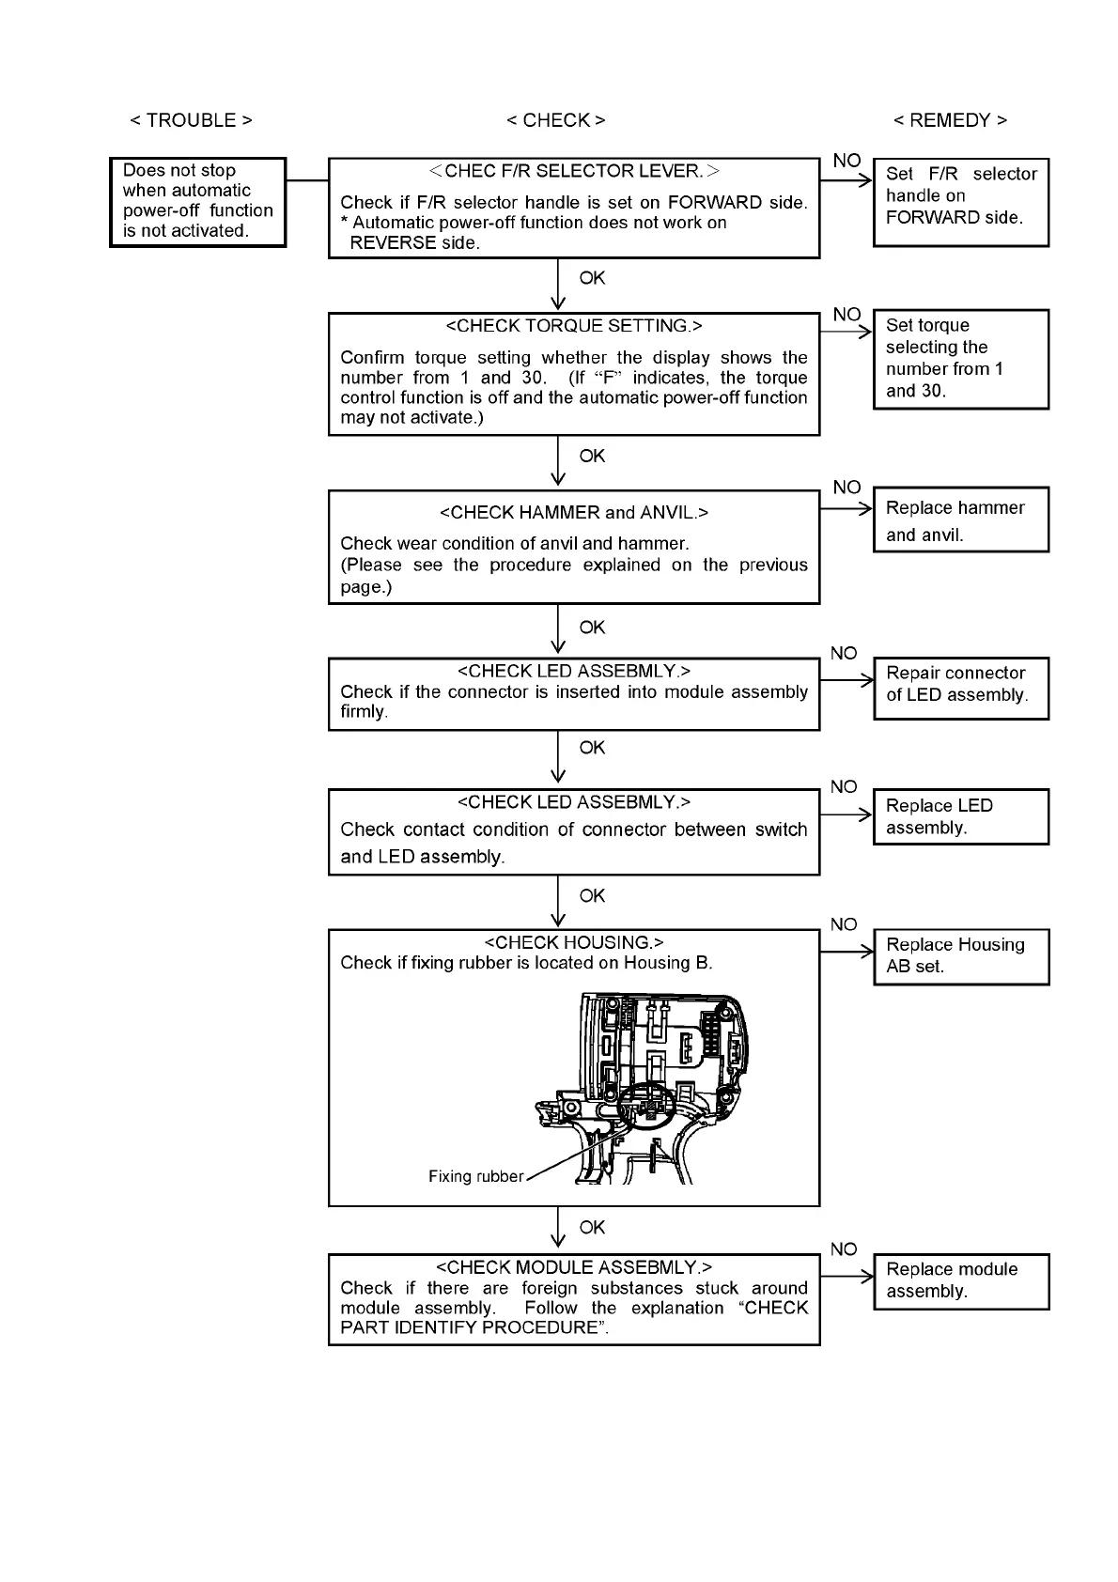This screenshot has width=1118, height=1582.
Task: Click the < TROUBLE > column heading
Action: [191, 120]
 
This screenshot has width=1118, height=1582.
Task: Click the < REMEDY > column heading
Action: [950, 120]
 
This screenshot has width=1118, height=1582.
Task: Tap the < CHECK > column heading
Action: [555, 120]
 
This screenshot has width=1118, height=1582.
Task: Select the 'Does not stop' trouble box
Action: [197, 201]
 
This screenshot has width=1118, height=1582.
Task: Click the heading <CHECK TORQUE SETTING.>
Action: [573, 326]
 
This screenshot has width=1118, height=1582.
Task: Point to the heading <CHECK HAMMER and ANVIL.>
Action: [573, 512]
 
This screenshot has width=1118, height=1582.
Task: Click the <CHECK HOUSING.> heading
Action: [573, 942]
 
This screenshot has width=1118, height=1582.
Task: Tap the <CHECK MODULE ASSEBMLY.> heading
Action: [573, 1267]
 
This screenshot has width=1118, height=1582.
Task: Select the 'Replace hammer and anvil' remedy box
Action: [960, 520]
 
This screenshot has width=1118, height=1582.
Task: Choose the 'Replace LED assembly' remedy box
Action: [960, 816]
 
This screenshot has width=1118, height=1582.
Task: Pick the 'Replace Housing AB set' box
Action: [960, 956]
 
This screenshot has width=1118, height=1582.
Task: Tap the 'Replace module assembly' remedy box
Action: [960, 1280]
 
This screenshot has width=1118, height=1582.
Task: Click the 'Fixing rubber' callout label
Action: [475, 1176]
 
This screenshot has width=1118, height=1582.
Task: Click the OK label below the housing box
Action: [592, 1227]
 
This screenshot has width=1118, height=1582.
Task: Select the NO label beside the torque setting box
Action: [846, 314]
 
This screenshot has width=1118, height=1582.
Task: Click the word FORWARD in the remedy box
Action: [929, 217]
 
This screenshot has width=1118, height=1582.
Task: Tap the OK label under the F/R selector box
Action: [592, 278]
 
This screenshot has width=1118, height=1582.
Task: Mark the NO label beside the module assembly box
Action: [844, 1249]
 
